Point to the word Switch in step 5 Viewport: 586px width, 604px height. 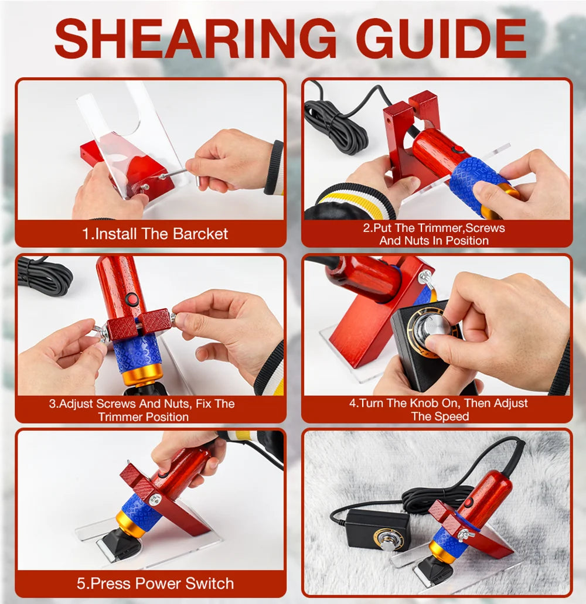[x=210, y=583]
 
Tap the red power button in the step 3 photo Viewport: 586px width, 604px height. [x=132, y=299]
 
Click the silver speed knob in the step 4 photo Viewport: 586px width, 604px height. [x=437, y=328]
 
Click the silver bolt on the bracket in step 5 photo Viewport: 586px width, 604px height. [x=155, y=500]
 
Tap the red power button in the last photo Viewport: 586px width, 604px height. [x=468, y=503]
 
